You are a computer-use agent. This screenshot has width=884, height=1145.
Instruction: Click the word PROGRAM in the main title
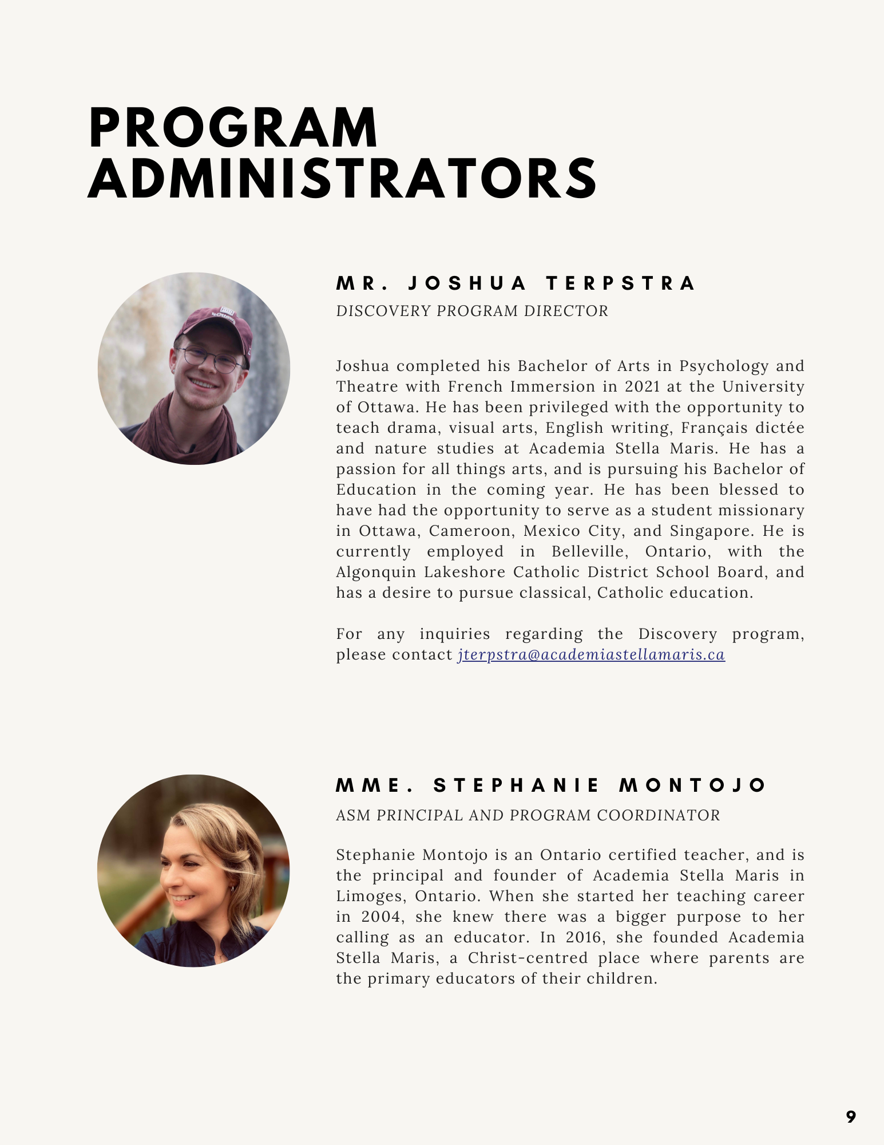[233, 128]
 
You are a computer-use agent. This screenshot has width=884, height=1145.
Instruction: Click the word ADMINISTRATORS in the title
[342, 179]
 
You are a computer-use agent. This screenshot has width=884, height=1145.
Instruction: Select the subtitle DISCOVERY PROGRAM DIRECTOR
[472, 311]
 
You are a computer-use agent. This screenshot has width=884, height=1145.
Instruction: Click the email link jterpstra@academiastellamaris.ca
[591, 654]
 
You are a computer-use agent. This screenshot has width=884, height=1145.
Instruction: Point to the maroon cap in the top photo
[216, 323]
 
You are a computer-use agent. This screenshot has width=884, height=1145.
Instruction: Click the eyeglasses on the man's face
[211, 358]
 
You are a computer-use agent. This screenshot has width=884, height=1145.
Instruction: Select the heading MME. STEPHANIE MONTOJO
[550, 785]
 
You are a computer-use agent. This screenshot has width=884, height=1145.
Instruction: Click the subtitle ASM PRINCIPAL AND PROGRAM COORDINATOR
[528, 815]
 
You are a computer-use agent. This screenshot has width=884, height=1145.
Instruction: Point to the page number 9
[851, 1117]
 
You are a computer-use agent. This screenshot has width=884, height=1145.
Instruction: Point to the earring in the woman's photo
[232, 889]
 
